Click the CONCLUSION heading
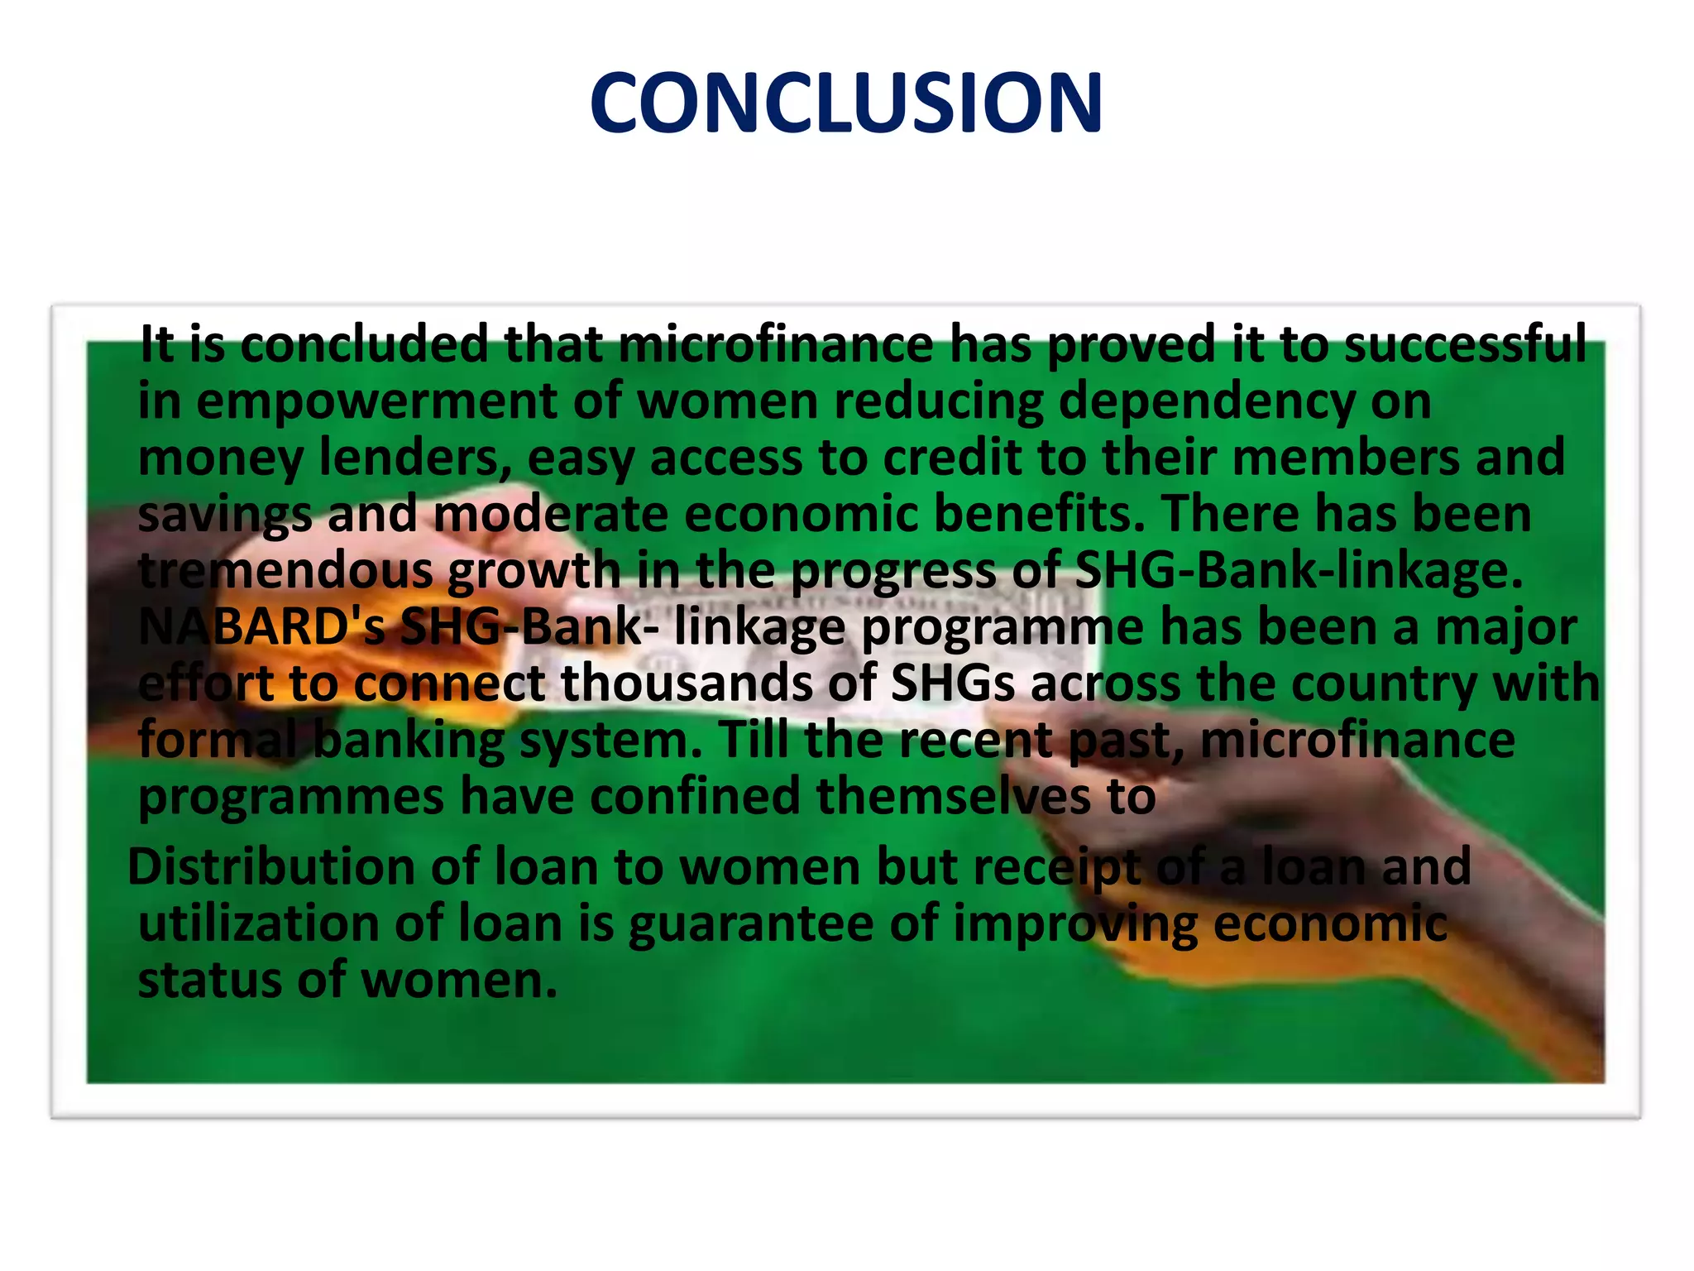click(x=846, y=103)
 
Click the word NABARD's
click(x=261, y=626)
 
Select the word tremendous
click(x=285, y=570)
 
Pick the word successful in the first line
click(x=1465, y=344)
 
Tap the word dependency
click(x=1207, y=401)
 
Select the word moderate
click(x=550, y=514)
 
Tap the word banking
click(x=409, y=740)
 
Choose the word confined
click(x=695, y=796)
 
